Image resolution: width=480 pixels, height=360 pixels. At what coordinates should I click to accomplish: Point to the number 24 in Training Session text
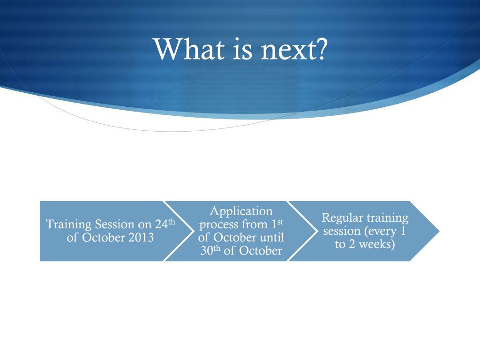(x=161, y=225)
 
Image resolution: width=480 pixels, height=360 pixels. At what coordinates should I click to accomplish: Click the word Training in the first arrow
(x=68, y=225)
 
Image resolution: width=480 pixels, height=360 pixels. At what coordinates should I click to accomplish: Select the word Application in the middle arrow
(x=241, y=212)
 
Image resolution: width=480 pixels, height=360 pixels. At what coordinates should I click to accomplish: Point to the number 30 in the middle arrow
(x=207, y=251)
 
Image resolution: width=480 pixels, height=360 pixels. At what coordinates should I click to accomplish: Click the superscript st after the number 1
(x=280, y=222)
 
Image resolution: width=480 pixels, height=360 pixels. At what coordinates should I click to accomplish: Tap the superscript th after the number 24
(x=172, y=222)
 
